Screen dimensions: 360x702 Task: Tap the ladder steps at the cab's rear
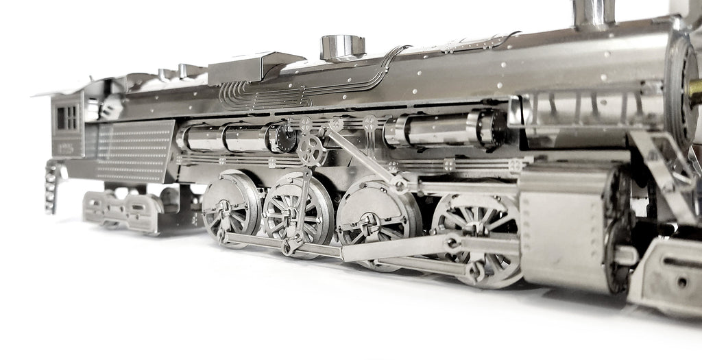tap(49, 186)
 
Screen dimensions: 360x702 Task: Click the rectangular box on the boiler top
tap(255, 67)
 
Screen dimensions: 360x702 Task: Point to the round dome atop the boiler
tap(342, 47)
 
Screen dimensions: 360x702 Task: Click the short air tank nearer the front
tap(439, 130)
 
